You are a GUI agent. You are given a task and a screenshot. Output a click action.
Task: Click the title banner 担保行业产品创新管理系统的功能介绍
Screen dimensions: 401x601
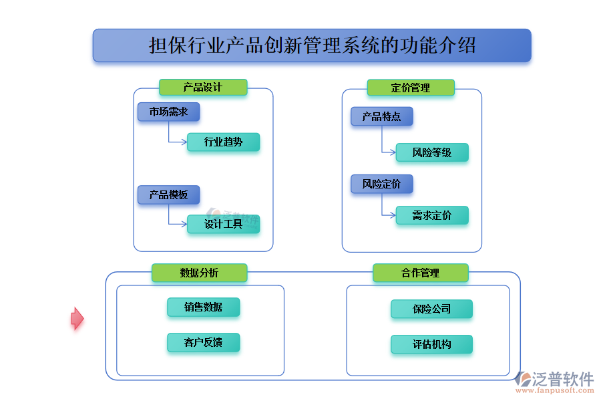(312, 45)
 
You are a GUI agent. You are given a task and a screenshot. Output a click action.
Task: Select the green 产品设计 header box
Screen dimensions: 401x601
(203, 88)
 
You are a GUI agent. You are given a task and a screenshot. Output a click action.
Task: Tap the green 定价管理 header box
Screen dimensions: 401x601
(411, 88)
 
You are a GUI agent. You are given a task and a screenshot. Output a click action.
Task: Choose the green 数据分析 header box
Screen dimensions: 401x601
(199, 273)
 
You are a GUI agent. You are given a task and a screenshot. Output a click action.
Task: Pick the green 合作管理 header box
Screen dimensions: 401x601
(420, 273)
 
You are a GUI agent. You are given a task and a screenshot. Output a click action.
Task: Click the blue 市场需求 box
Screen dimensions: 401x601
(168, 112)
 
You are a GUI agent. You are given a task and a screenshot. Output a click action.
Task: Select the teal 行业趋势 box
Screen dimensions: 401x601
(223, 142)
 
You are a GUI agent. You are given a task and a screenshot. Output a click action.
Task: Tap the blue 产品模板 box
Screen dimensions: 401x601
(168, 194)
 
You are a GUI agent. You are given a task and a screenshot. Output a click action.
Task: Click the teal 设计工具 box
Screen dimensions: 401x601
(223, 224)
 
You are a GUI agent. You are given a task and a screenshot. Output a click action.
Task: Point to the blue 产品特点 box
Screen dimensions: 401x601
(381, 116)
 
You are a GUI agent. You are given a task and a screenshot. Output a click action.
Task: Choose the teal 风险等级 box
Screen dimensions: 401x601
(431, 152)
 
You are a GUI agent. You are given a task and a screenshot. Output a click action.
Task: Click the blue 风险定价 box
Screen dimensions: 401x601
(381, 184)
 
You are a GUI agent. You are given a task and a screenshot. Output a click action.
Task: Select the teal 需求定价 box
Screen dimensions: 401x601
(431, 215)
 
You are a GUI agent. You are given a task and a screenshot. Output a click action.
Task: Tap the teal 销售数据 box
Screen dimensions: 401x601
(203, 307)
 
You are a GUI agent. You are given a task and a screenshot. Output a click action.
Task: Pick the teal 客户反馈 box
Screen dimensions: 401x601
(203, 343)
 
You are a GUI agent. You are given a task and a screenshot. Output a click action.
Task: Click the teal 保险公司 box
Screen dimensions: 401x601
(431, 309)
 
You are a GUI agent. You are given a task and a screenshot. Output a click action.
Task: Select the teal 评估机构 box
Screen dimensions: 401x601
(431, 344)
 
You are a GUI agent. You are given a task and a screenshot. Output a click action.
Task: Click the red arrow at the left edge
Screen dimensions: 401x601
(77, 319)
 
